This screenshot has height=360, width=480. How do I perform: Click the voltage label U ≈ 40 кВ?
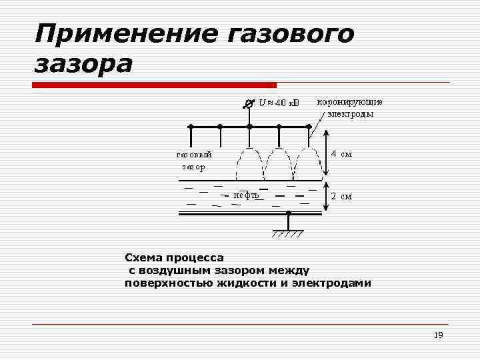click(279, 103)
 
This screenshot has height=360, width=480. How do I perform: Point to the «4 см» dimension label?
click(341, 154)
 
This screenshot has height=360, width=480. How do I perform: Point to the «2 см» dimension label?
click(341, 197)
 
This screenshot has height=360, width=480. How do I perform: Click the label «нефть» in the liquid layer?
click(246, 195)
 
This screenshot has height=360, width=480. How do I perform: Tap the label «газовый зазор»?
click(194, 161)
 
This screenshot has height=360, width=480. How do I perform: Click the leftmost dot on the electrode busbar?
click(191, 126)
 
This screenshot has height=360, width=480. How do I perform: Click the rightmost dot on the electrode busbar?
click(309, 126)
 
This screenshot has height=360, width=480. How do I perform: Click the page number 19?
click(438, 335)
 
